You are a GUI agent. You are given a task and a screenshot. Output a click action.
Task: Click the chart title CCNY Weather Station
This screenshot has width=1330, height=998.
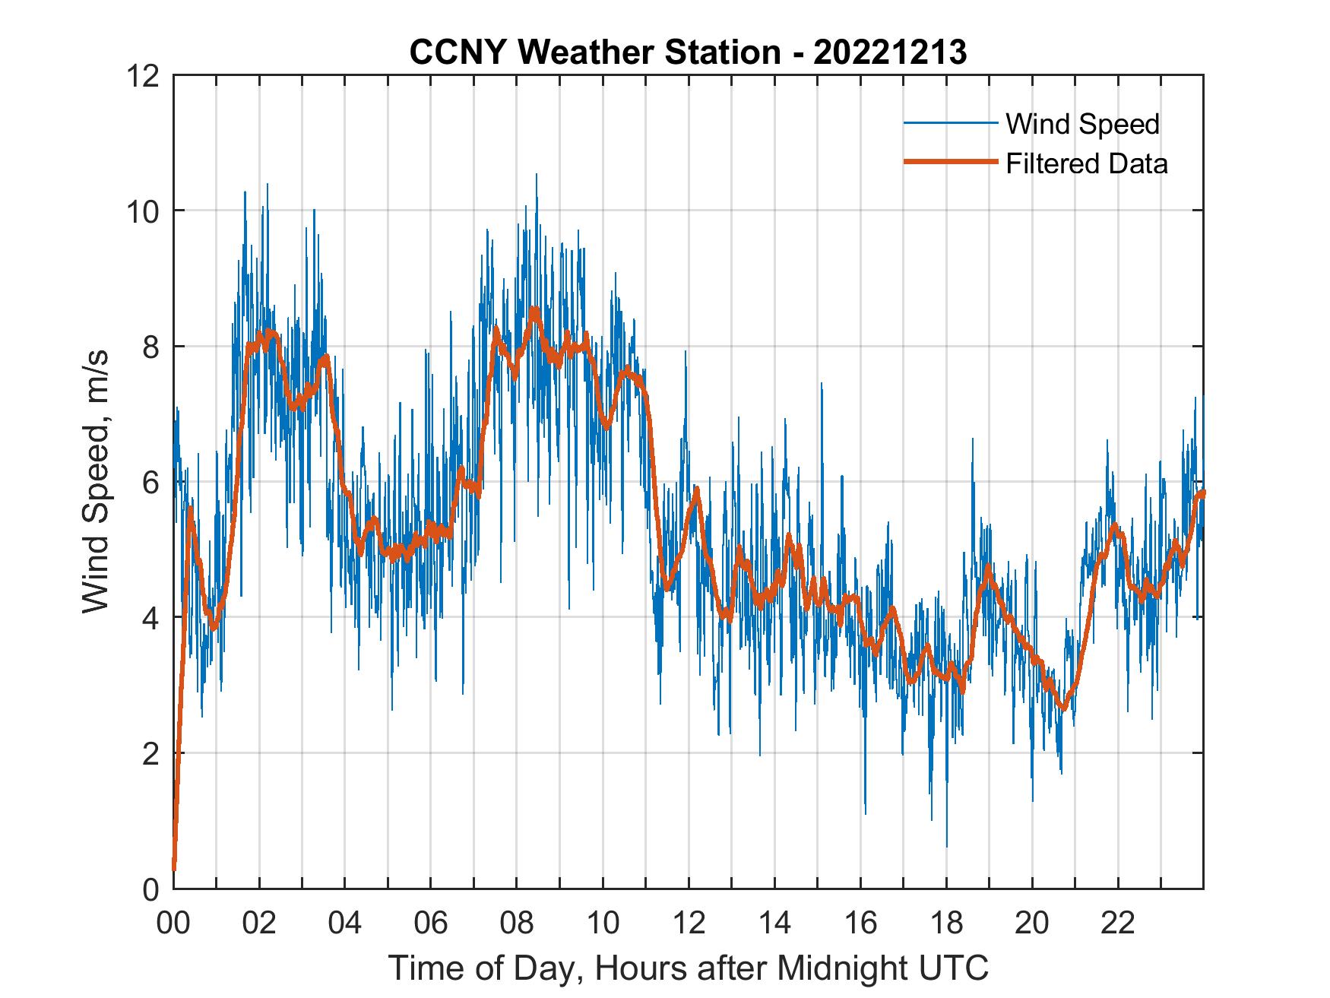tap(688, 52)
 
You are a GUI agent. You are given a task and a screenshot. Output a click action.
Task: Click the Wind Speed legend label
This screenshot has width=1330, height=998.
tap(1082, 124)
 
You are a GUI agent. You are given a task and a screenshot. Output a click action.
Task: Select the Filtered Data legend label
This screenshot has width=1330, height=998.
tap(1086, 163)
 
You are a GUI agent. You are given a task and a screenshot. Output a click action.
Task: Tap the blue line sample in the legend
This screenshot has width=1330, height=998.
tap(950, 123)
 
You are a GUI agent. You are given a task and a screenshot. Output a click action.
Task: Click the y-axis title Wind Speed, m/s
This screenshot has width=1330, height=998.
tap(97, 481)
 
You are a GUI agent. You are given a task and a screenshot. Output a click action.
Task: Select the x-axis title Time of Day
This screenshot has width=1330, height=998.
tap(689, 968)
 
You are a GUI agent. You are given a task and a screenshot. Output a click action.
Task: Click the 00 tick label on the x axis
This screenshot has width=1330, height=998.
tap(173, 924)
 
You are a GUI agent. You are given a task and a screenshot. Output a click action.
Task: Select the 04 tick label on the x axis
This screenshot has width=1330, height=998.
tap(345, 924)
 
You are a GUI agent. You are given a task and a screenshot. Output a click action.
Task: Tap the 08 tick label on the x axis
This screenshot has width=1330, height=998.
tap(517, 924)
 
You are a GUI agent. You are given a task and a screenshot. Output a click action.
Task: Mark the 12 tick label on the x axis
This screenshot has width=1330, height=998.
tap(689, 924)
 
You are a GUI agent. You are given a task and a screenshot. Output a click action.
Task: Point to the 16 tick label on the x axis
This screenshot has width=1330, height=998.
tap(860, 924)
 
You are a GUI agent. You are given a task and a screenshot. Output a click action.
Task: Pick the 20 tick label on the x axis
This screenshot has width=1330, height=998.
tap(1032, 924)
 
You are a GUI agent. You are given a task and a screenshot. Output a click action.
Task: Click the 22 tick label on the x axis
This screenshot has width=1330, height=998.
tap(1118, 924)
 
